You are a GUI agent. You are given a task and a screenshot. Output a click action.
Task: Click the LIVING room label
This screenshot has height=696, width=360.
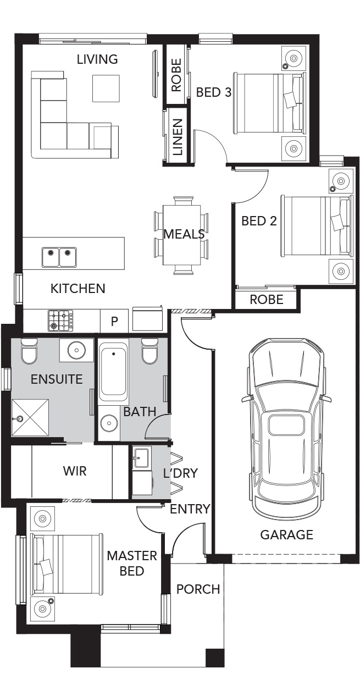click(x=97, y=59)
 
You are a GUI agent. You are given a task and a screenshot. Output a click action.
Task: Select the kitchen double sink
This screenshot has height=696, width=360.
click(x=59, y=257)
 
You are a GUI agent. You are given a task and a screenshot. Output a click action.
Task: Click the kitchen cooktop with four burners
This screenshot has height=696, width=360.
click(x=60, y=321)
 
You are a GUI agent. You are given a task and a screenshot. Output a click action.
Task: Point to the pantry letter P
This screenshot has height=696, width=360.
click(x=114, y=321)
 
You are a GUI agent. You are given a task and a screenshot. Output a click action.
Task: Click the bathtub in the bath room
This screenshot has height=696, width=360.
click(x=113, y=371)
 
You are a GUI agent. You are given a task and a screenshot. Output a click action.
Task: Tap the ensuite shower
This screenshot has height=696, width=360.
click(x=30, y=418)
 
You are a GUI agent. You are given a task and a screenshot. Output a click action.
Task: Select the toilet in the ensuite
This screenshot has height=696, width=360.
click(x=29, y=351)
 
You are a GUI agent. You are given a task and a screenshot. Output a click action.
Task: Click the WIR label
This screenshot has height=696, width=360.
click(x=75, y=471)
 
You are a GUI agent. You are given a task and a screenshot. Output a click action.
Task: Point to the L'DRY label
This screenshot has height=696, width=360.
click(x=180, y=473)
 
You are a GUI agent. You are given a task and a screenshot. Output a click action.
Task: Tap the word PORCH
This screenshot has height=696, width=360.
click(x=198, y=589)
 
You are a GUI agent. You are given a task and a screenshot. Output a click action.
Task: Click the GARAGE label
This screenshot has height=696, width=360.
click(x=286, y=534)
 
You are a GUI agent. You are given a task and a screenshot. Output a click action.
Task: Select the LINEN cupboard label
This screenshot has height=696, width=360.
click(x=178, y=137)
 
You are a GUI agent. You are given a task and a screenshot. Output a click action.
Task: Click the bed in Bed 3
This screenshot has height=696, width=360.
click(x=269, y=103)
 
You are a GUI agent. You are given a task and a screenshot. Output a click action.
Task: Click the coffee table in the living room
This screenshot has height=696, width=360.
click(x=106, y=89)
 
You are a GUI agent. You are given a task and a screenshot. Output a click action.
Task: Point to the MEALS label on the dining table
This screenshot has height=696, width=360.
click(x=184, y=234)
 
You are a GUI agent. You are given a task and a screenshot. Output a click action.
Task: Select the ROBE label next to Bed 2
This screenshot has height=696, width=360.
click(x=267, y=300)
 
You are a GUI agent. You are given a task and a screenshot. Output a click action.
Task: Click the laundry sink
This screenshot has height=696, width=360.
click(x=141, y=458)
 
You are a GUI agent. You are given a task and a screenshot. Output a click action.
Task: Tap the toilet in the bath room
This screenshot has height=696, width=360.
click(x=151, y=351)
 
